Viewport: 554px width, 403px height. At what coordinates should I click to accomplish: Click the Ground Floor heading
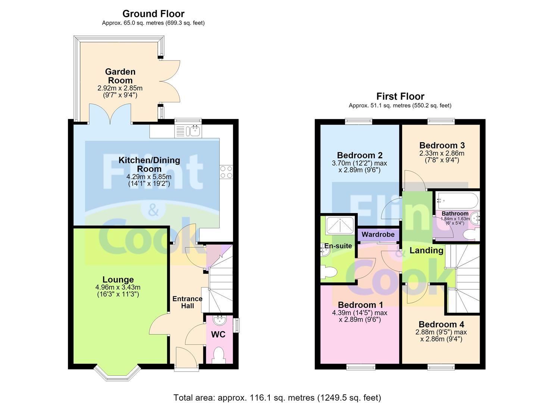click(x=153, y=13)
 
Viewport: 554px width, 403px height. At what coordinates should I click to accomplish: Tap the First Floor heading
click(x=400, y=96)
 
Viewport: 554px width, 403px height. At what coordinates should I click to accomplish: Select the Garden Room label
click(x=120, y=76)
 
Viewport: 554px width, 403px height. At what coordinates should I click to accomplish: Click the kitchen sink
click(x=195, y=131)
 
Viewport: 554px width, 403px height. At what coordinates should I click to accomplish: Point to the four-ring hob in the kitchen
click(x=226, y=172)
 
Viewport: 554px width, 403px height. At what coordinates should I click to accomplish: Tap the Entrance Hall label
click(x=188, y=302)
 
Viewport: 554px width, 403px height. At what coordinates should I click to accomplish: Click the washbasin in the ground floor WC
click(x=220, y=321)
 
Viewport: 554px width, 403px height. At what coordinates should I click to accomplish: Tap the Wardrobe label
click(x=378, y=234)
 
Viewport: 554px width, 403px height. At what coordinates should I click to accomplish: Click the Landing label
click(x=426, y=250)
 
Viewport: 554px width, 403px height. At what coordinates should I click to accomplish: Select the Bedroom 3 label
click(x=442, y=145)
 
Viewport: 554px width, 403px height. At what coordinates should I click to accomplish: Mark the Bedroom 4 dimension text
click(x=441, y=335)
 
